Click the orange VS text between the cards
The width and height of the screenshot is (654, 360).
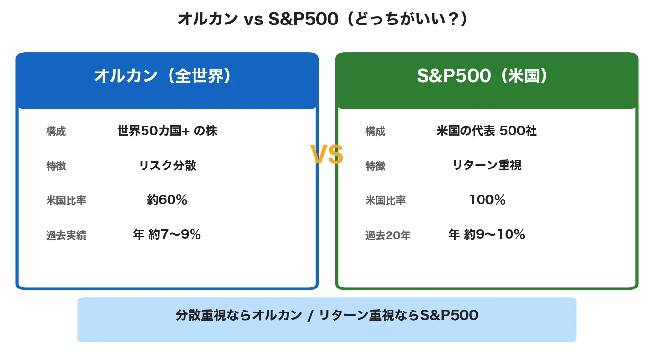click(327, 155)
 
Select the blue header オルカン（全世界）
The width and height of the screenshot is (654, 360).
click(162, 76)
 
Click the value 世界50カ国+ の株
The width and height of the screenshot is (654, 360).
click(167, 131)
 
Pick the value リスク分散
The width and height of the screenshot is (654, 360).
click(168, 166)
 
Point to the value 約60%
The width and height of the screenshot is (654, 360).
click(167, 200)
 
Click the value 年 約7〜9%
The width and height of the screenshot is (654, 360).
click(167, 235)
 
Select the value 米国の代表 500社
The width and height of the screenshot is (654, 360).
click(486, 131)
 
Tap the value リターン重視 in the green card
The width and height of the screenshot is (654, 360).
click(486, 166)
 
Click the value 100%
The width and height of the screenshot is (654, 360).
click(487, 200)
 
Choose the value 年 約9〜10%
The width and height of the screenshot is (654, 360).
click(486, 235)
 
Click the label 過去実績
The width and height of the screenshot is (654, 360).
click(66, 236)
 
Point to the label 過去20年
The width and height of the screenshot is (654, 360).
click(388, 236)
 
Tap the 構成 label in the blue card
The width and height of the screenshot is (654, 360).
click(56, 132)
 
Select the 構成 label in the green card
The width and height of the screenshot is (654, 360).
click(375, 132)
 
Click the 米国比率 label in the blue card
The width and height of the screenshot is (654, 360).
click(66, 201)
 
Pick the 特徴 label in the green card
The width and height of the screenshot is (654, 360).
click(375, 167)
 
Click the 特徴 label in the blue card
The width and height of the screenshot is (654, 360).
click(56, 167)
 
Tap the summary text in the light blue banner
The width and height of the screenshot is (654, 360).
click(327, 315)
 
